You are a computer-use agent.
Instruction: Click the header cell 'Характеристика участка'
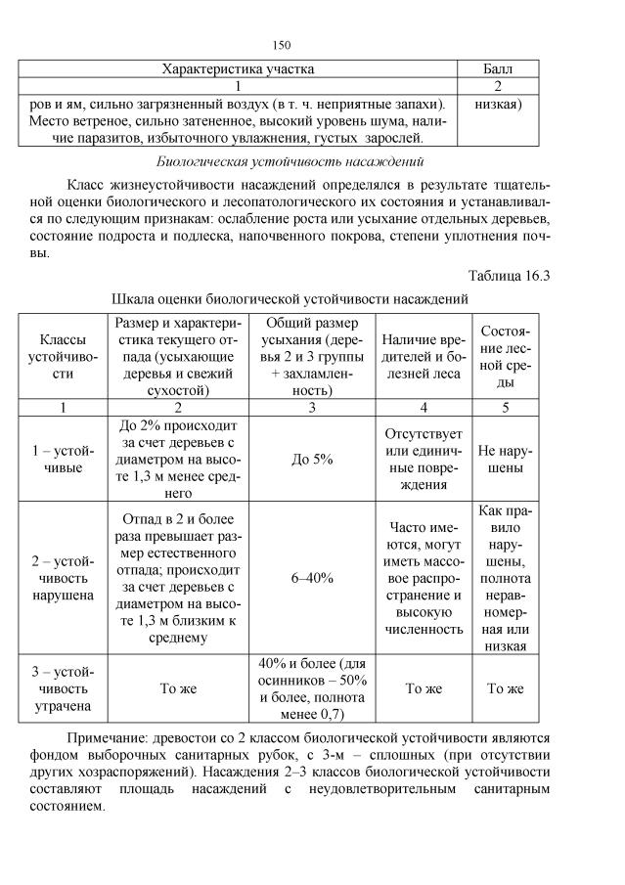tap(238, 69)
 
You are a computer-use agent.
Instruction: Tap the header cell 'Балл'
tap(499, 69)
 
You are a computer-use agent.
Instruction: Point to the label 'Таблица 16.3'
tap(509, 275)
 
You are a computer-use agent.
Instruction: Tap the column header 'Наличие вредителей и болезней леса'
tap(423, 354)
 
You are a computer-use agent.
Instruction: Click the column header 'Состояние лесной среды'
tap(506, 354)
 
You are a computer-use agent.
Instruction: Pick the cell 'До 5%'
tap(312, 460)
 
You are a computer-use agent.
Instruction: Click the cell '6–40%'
tap(312, 577)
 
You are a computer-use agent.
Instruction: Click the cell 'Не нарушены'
tap(506, 460)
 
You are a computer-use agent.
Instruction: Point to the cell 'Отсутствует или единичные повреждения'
tap(423, 459)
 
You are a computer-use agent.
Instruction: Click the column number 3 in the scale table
tap(312, 408)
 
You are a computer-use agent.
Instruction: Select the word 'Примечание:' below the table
tap(107, 738)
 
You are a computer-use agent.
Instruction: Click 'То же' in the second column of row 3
tap(178, 688)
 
